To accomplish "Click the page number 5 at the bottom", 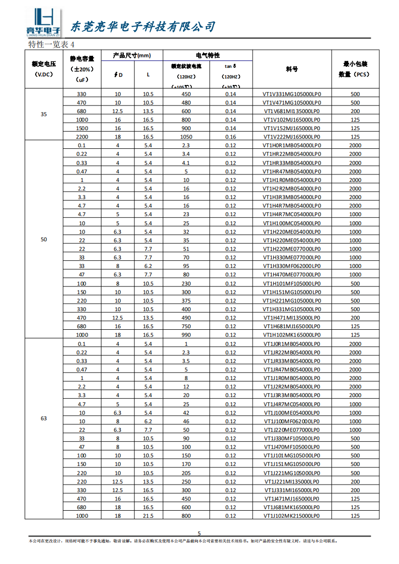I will (x=199, y=533).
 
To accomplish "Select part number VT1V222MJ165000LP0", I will (x=291, y=137).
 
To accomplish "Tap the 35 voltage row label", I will (x=44, y=115).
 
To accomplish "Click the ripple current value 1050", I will (x=186, y=137).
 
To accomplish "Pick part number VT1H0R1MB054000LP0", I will (x=291, y=145).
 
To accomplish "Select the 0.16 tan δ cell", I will (x=230, y=137).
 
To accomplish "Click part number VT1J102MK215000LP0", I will (x=291, y=516).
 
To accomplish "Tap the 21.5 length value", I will (x=148, y=516).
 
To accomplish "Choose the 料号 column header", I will (x=292, y=69).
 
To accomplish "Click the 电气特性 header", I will (x=208, y=55).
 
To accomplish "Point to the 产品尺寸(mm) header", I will (x=132, y=55).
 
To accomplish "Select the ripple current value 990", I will (x=186, y=335).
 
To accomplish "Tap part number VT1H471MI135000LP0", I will (x=291, y=318).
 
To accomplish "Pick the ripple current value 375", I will (x=186, y=301).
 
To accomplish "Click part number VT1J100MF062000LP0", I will (x=291, y=421).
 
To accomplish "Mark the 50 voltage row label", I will (x=44, y=240).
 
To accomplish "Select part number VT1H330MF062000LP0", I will (x=291, y=266).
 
